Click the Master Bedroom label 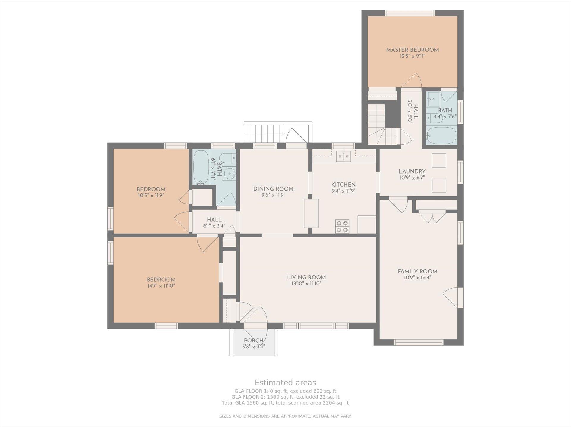pos(412,50)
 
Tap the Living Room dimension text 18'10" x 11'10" pos(306,284)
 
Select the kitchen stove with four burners pos(342,226)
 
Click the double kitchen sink pos(343,156)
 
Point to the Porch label pos(254,341)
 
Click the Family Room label pos(418,271)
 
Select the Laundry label pos(412,171)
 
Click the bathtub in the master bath pos(441,136)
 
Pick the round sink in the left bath pos(230,173)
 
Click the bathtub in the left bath pos(201,167)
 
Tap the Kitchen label pos(343,185)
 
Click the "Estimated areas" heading pos(285,383)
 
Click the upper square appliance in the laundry pos(439,161)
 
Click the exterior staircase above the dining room pos(264,134)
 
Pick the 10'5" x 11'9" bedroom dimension pos(151,196)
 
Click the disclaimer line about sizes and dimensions pos(285,416)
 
